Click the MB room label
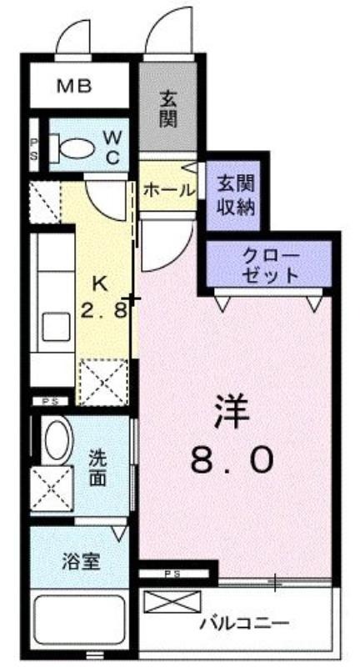point(74,87)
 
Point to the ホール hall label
point(168,190)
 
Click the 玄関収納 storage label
point(237,196)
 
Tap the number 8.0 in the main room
point(231,461)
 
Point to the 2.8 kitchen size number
point(104,310)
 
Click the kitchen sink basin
point(56,327)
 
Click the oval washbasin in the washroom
point(59,440)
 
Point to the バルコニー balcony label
point(245,624)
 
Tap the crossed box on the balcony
point(172,602)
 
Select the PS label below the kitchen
point(50,401)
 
